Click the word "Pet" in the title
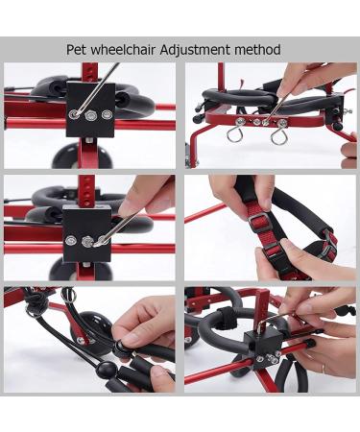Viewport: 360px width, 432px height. tap(78, 49)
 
